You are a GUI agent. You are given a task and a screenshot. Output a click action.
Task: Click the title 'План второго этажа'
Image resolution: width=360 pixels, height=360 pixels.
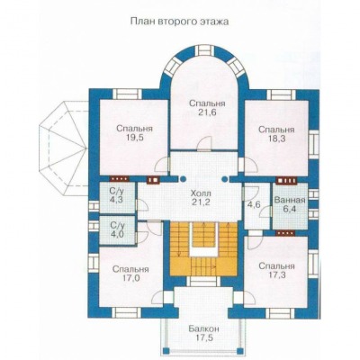[x=179, y=22]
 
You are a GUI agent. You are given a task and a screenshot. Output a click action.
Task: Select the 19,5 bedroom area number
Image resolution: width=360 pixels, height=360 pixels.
[x=135, y=138]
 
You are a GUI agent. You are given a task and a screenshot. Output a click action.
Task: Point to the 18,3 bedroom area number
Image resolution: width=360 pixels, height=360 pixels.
[x=276, y=139]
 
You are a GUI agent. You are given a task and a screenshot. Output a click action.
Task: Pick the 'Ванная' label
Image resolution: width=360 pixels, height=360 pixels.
[x=290, y=201]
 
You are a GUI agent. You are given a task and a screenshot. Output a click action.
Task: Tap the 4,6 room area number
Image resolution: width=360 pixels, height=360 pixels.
[x=254, y=205]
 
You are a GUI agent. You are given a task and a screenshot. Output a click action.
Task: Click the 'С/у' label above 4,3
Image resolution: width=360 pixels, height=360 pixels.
[x=118, y=190]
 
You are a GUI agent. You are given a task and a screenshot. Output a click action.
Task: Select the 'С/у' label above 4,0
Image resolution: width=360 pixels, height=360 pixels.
[x=118, y=225]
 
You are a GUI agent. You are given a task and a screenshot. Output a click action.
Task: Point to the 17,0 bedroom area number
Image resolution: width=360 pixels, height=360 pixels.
[x=130, y=278]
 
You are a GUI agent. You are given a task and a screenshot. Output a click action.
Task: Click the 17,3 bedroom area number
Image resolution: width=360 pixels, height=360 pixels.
[x=276, y=275]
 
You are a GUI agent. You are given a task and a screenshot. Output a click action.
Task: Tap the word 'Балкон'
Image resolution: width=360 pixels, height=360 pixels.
[x=203, y=328]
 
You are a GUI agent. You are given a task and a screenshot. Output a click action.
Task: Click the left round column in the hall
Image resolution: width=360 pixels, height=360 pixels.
[x=183, y=179]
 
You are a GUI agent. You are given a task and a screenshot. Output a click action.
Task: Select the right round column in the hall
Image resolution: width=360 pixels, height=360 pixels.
[x=224, y=179]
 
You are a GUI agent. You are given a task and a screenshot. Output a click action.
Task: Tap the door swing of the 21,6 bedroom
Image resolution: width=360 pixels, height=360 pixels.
[x=205, y=143]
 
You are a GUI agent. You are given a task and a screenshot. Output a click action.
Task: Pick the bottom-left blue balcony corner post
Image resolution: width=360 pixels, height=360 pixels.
[x=165, y=351]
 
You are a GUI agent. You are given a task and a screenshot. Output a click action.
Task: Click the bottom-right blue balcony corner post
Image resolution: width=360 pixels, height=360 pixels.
[x=240, y=351]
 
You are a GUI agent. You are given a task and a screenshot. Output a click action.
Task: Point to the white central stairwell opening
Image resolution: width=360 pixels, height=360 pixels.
[x=203, y=239]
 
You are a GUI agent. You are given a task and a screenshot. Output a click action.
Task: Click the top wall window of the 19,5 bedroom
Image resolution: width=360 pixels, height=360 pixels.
[x=127, y=94]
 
